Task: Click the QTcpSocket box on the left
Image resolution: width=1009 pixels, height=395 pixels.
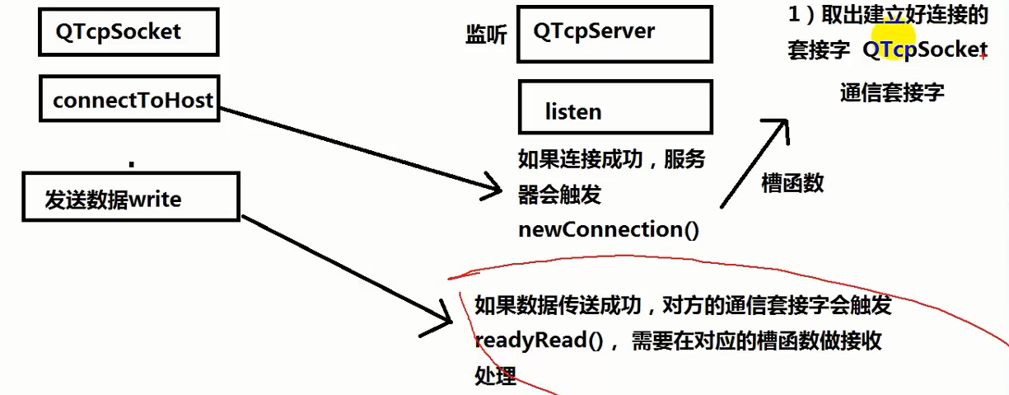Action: (128, 32)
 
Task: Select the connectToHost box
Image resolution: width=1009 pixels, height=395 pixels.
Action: (129, 100)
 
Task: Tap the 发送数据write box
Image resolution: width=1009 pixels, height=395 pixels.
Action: (130, 197)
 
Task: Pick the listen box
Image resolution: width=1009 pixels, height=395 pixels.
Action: (614, 108)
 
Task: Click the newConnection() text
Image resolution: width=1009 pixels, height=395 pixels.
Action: (608, 229)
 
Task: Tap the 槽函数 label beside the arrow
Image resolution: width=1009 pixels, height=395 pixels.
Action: (792, 183)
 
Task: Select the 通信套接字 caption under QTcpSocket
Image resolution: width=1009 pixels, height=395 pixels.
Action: (892, 92)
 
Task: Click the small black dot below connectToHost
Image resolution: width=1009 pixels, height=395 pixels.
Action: (131, 163)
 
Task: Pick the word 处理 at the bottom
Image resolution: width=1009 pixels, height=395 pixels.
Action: (495, 375)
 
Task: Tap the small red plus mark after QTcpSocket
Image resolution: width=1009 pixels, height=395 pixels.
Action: (983, 55)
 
